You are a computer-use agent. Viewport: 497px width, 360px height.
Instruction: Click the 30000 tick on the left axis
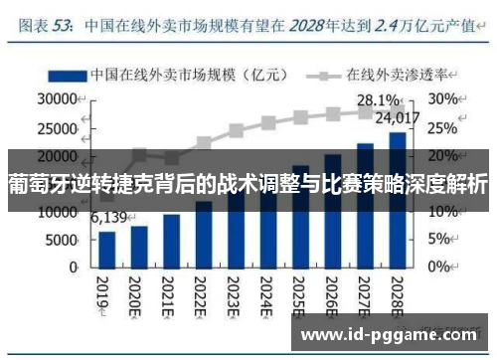click(x=56, y=99)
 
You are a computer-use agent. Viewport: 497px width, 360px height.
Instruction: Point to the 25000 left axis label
click(x=56, y=127)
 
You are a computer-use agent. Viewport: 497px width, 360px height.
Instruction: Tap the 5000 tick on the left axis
click(x=61, y=240)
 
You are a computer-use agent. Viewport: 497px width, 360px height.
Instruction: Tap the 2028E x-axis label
click(x=397, y=295)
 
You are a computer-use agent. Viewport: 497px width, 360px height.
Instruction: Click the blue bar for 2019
click(x=107, y=250)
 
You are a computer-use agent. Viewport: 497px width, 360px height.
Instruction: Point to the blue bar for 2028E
click(x=397, y=199)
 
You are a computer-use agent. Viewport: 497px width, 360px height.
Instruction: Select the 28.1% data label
click(x=378, y=101)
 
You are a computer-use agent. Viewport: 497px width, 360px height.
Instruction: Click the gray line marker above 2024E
click(x=268, y=123)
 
